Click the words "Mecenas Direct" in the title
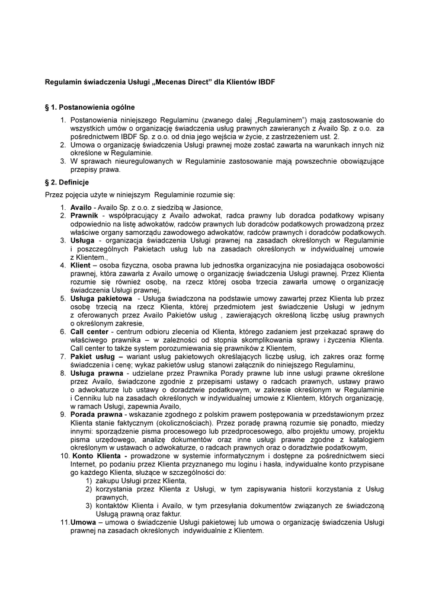[184, 82]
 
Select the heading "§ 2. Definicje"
[67, 183]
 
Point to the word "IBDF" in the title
[267, 82]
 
